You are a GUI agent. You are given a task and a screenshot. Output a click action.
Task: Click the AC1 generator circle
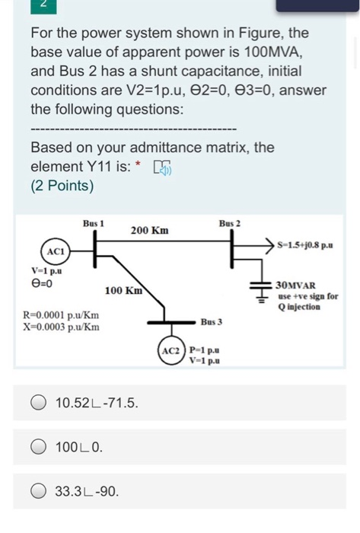(55, 251)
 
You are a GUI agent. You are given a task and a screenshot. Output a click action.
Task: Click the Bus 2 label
(229, 223)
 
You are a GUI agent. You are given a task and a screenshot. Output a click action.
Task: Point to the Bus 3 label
(211, 322)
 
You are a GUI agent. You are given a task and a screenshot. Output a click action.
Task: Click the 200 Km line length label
(149, 230)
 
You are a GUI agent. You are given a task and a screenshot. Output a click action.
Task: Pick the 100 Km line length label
(123, 290)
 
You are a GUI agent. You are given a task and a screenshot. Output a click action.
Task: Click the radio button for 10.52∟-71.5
(39, 403)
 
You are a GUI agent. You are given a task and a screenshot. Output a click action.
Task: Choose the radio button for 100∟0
(39, 447)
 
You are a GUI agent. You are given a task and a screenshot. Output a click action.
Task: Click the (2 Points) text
(62, 185)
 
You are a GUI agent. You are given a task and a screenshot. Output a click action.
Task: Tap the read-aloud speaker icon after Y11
(161, 167)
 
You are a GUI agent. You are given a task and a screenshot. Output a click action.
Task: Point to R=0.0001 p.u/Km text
(61, 314)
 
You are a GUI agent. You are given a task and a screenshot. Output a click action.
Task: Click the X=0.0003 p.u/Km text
(61, 327)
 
